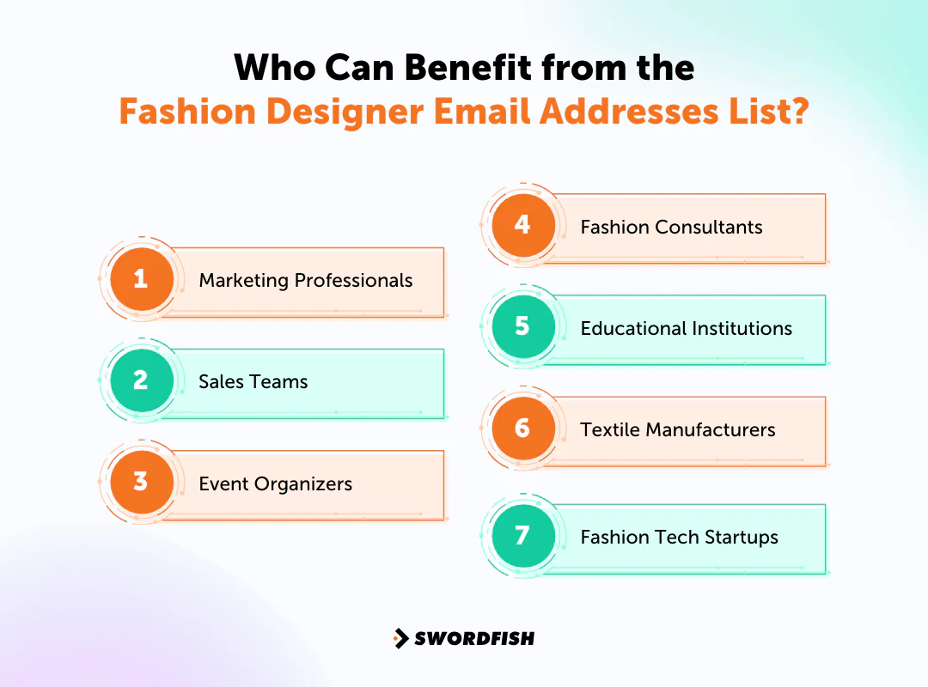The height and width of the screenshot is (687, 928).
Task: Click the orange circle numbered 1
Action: (141, 279)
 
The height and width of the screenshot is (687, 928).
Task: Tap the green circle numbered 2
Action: (141, 380)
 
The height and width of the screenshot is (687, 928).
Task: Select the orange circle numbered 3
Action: (141, 482)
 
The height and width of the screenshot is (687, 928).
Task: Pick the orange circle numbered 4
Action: (522, 225)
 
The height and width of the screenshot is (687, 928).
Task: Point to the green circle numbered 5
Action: (522, 327)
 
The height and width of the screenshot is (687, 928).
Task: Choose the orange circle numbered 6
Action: (522, 428)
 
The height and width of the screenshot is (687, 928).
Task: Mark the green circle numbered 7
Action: (522, 536)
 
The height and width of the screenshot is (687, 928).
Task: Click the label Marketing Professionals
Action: (305, 281)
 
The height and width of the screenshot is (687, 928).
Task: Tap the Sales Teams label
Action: (253, 382)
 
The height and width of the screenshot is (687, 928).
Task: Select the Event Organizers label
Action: (275, 483)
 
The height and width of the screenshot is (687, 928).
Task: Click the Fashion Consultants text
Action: (671, 228)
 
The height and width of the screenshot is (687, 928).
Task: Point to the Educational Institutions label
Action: (686, 329)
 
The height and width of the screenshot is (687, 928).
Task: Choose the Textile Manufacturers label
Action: (677, 429)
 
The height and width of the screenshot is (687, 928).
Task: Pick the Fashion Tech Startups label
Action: (679, 538)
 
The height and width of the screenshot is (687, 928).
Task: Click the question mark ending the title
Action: (798, 112)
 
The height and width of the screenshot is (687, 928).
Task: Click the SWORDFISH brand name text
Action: (474, 638)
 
